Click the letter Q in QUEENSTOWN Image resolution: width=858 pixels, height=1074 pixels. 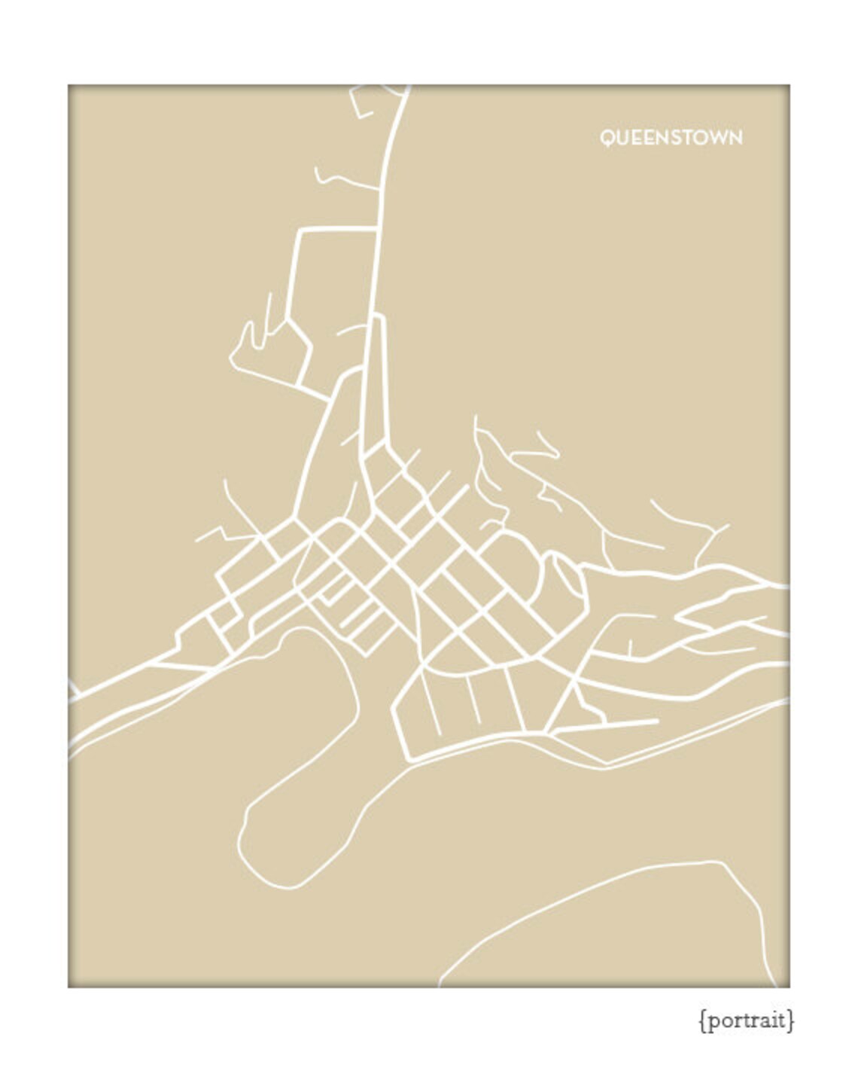coord(607,138)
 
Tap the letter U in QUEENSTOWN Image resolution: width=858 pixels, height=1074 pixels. coord(622,138)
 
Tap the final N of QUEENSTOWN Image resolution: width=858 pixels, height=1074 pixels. coord(735,138)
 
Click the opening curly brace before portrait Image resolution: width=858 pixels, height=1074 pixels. coord(703,1021)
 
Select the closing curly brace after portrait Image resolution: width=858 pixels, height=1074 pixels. coord(790,1021)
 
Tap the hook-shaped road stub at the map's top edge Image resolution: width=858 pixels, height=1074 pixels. coord(360,105)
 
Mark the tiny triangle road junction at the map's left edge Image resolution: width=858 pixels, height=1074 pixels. coord(73,690)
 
